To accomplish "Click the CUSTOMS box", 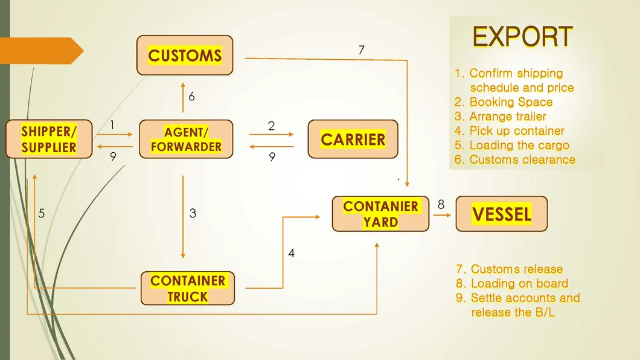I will [185, 56].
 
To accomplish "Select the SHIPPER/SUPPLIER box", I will [49, 140].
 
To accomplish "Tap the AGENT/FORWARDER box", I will [186, 140].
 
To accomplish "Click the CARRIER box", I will [353, 140].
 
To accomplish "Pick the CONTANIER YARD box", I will [380, 214].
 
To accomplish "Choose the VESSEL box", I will [501, 214].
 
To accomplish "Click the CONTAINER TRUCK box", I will [188, 289].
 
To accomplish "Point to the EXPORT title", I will [522, 37].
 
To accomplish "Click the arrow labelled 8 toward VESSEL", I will [442, 214].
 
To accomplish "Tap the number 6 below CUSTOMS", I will [191, 97].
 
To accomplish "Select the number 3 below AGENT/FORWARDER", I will [193, 213].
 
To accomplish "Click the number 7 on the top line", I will [361, 50].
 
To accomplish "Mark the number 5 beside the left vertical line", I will [42, 213].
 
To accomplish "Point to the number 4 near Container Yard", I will [291, 253].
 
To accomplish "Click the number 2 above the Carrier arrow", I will [271, 126].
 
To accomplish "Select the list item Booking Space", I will [510, 102].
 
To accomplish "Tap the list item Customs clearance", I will [522, 159].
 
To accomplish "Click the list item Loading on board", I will [519, 283].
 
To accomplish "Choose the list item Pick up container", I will [516, 130].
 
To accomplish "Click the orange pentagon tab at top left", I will [39, 51].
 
